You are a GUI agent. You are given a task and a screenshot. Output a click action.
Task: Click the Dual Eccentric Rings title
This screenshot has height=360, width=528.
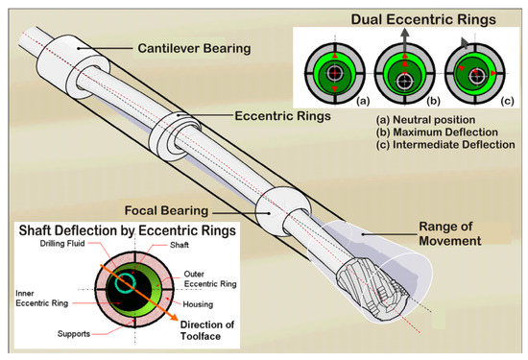click(x=414, y=16)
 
